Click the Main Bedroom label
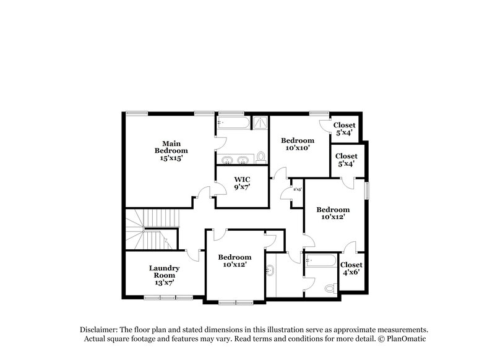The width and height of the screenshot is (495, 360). coord(171,150)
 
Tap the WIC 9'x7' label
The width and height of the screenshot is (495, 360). coord(242,184)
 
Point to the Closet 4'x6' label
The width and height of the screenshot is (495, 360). coord(351,268)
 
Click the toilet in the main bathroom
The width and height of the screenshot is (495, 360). coord(261,157)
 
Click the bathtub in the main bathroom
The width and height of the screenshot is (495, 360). coord(233,122)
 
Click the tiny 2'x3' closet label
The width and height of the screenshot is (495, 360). coord(297,189)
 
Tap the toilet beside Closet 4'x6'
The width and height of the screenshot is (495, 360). coord(330,288)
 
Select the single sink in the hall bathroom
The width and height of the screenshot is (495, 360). coord(271,270)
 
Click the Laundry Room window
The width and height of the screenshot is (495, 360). coord(161,298)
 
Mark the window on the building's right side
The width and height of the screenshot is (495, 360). coord(366,190)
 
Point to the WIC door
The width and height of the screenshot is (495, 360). coord(215,191)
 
